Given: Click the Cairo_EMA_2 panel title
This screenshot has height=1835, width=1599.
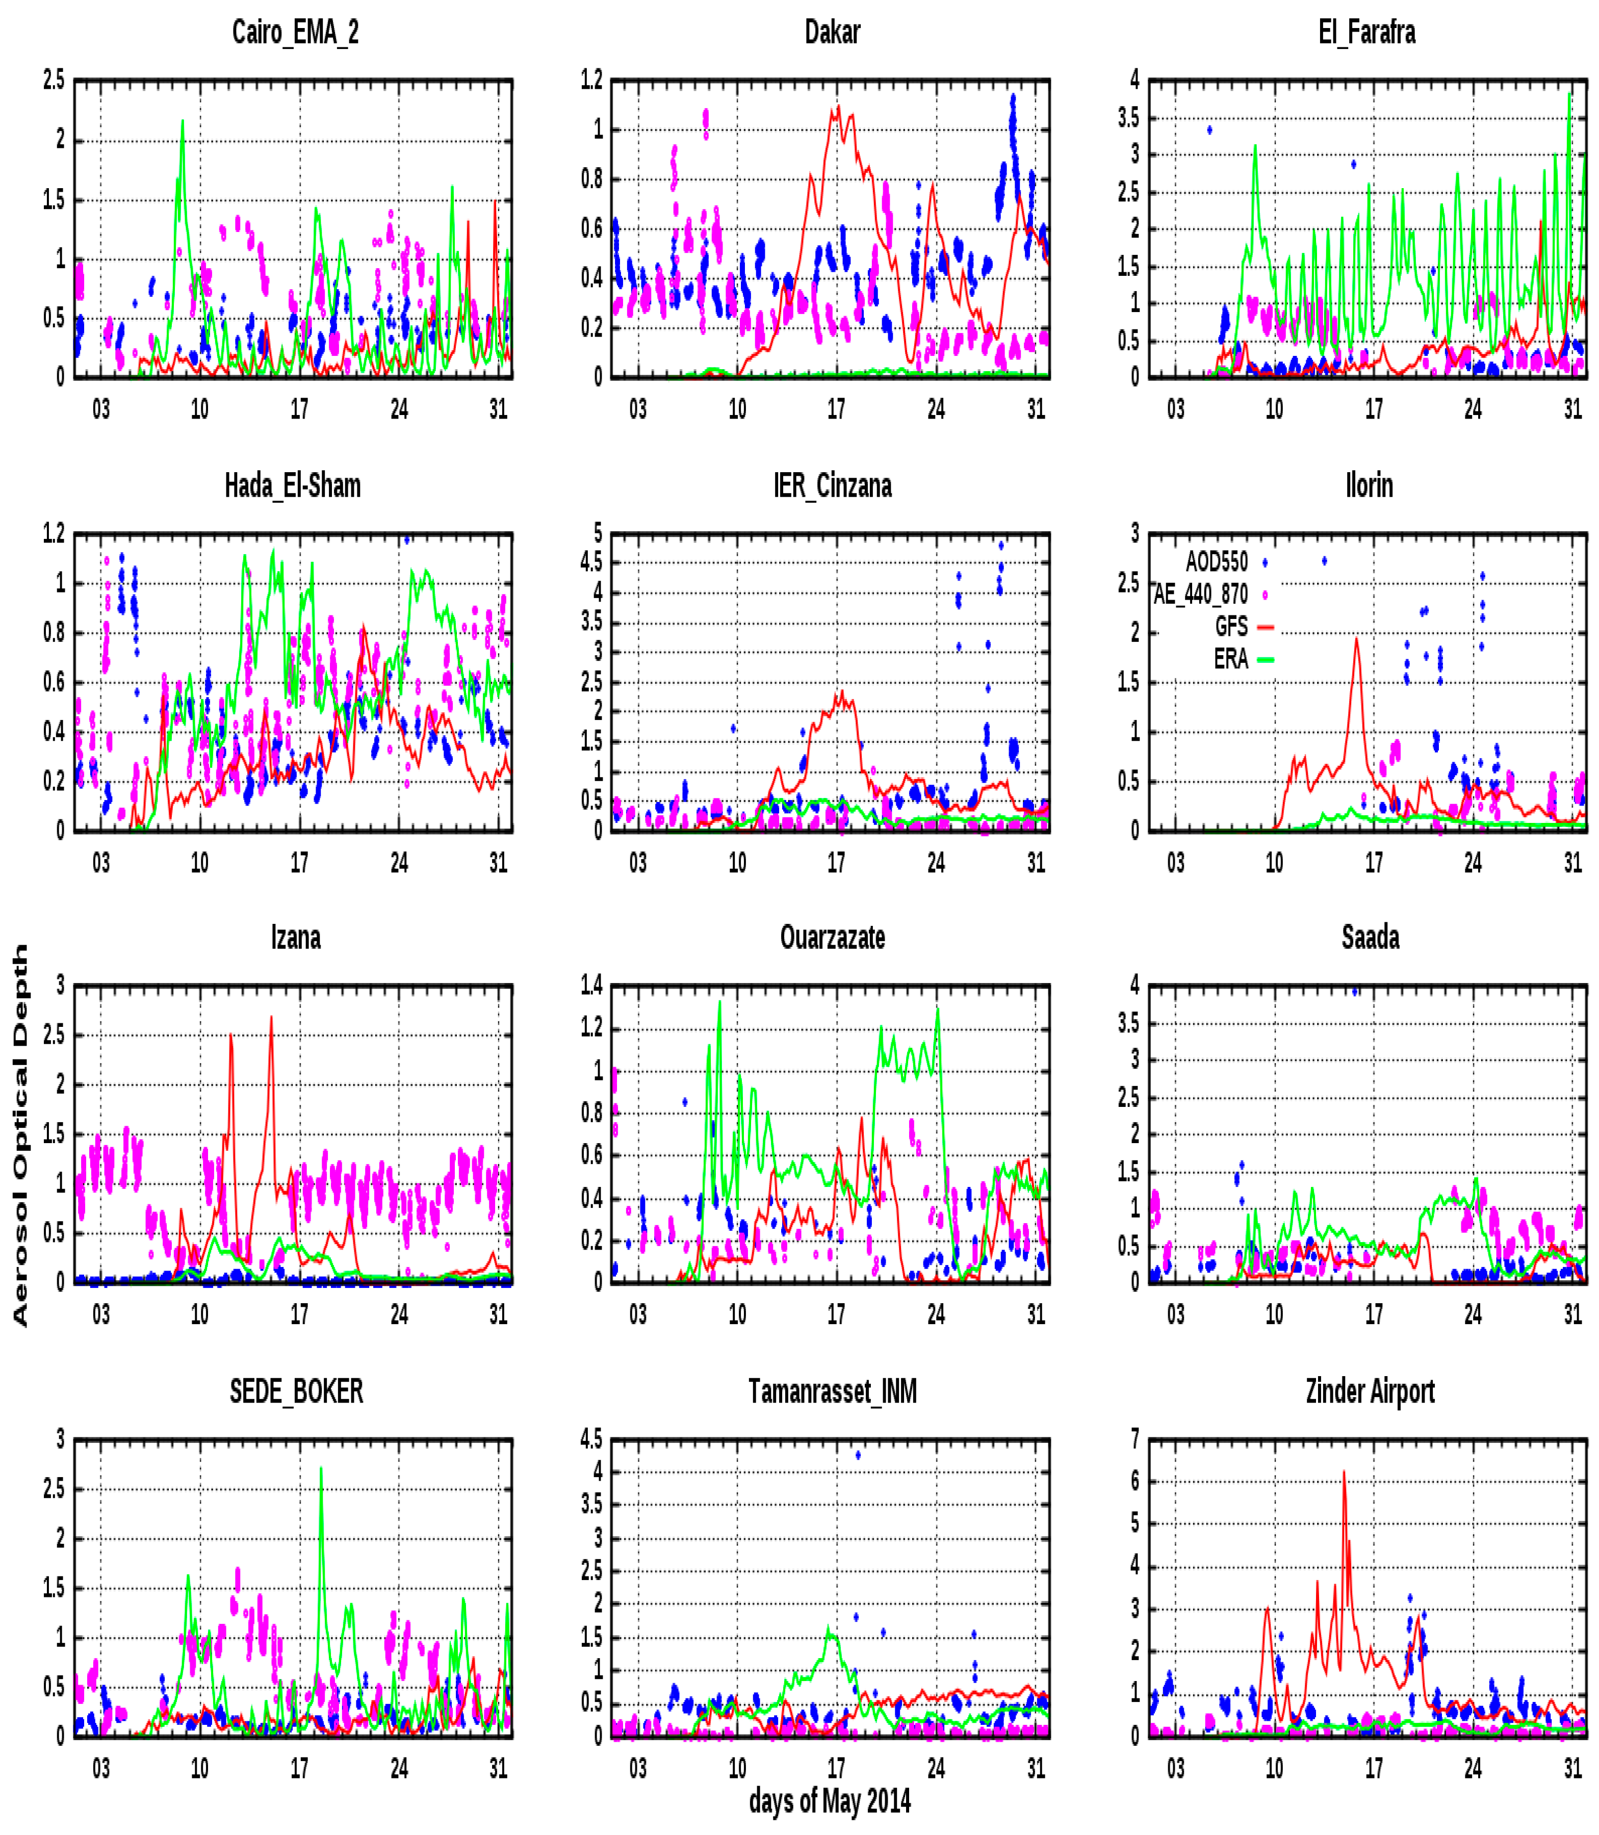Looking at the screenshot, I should click(295, 32).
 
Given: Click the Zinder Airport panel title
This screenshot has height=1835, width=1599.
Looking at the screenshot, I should click(1370, 1391).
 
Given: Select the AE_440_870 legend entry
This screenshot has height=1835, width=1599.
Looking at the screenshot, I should click(1202, 593).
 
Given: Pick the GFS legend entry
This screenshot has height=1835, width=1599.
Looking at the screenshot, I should click(1231, 626).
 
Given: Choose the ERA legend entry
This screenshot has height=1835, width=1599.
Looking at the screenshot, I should click(1231, 659).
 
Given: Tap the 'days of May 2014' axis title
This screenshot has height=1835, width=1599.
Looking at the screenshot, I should click(830, 1800).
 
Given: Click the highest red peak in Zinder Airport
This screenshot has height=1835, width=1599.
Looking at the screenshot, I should click(1344, 1473).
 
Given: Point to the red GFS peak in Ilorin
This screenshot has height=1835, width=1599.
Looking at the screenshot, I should click(1356, 639).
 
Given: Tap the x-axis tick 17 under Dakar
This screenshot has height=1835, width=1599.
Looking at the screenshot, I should click(836, 409).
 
